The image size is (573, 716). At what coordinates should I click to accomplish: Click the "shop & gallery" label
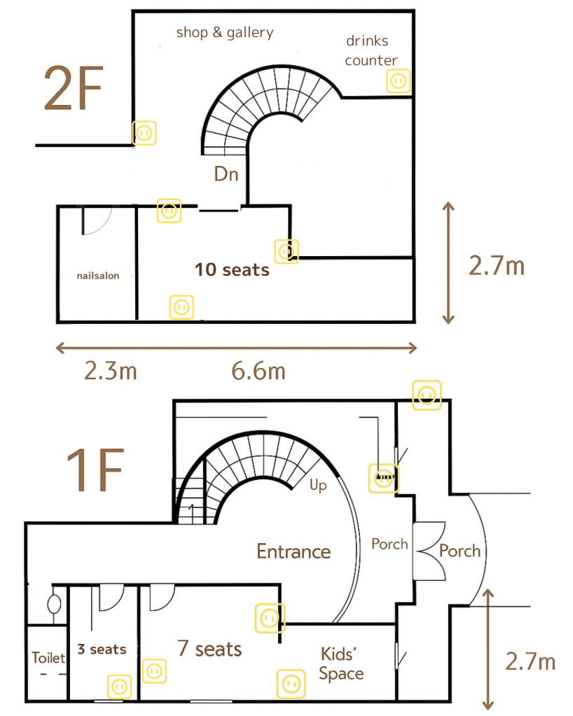pyautogui.click(x=225, y=32)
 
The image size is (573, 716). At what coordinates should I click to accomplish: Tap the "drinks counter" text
pyautogui.click(x=371, y=50)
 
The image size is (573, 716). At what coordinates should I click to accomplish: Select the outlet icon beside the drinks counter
pyautogui.click(x=398, y=81)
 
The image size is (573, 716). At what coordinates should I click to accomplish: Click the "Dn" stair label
pyautogui.click(x=226, y=174)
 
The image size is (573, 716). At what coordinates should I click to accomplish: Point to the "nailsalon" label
pyautogui.click(x=98, y=275)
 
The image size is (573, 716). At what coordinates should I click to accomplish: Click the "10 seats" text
pyautogui.click(x=232, y=270)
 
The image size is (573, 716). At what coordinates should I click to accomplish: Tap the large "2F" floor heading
pyautogui.click(x=73, y=88)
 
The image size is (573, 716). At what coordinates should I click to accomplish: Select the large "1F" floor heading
pyautogui.click(x=95, y=470)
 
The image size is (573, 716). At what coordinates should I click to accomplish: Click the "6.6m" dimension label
pyautogui.click(x=258, y=370)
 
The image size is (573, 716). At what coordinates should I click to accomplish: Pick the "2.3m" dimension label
pyautogui.click(x=111, y=370)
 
